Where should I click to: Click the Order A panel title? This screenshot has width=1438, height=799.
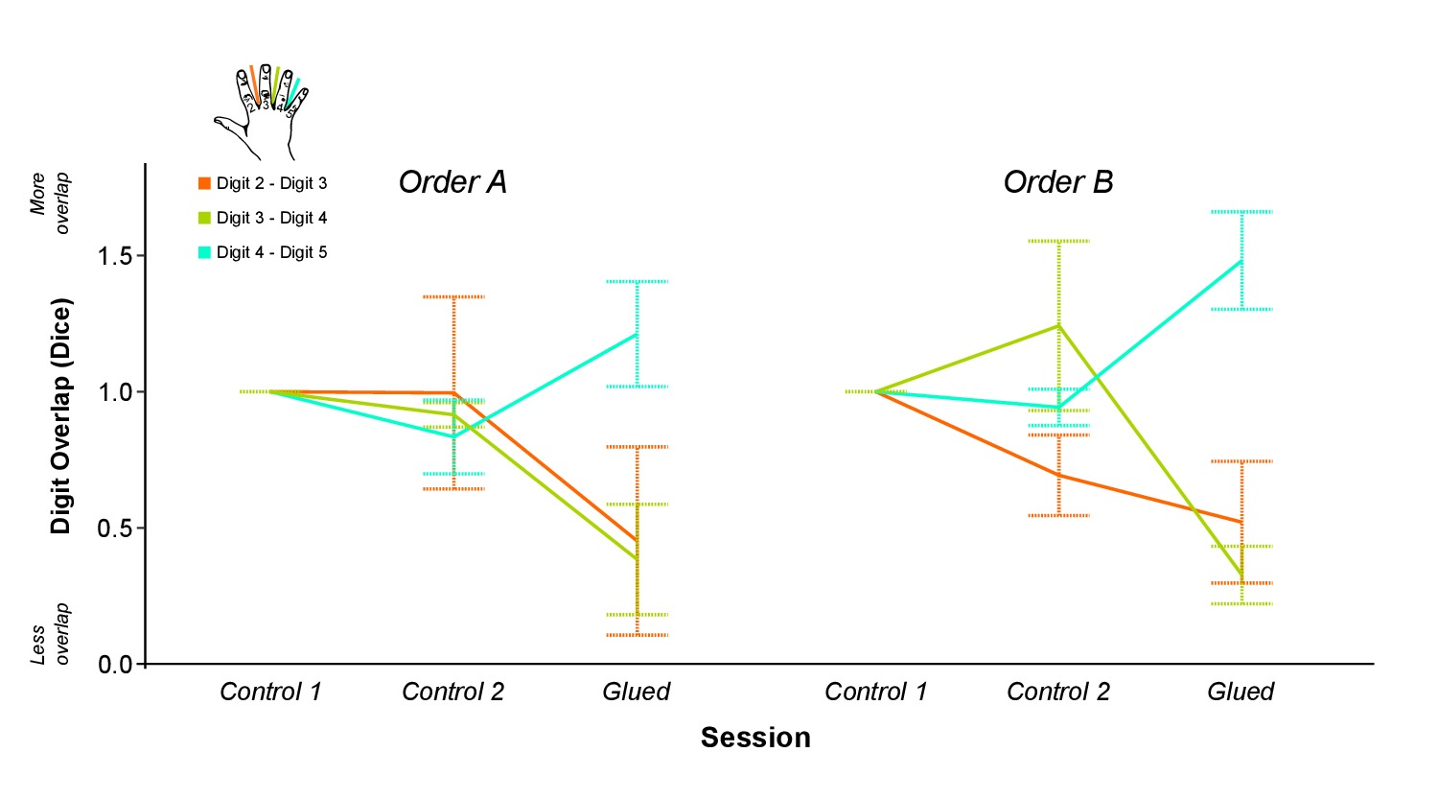click(452, 181)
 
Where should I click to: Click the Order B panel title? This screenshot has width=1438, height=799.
click(1057, 181)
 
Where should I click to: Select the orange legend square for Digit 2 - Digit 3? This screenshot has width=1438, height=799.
click(204, 183)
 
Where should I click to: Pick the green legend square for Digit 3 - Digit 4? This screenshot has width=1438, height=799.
click(204, 218)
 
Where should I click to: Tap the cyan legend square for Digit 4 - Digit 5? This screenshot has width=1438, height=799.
click(204, 252)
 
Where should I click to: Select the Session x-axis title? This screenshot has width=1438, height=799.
click(755, 737)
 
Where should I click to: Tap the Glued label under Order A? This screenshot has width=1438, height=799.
click(636, 692)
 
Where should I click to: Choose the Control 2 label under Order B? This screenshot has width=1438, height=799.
click(1057, 692)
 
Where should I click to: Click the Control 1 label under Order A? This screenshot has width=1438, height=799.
click(270, 692)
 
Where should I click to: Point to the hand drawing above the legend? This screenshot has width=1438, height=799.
click(261, 111)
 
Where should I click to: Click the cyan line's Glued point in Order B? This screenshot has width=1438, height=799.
click(1241, 260)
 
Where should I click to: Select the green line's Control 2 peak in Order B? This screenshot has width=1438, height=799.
click(1058, 325)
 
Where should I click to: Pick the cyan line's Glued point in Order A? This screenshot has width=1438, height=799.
click(638, 334)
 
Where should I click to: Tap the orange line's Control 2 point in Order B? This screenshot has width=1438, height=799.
click(1058, 475)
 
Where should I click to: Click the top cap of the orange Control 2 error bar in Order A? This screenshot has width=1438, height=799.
click(453, 296)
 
